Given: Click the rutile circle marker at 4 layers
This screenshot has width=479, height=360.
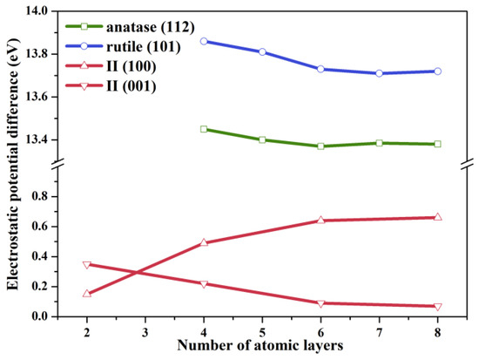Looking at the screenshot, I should tap(203, 41).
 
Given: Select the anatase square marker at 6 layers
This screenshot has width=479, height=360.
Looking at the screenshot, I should tap(320, 146).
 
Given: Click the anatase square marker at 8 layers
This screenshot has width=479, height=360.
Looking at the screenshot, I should tap(437, 144).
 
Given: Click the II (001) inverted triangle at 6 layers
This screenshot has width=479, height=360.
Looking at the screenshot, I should tap(320, 303).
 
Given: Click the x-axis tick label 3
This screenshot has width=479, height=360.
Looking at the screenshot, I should tap(145, 329).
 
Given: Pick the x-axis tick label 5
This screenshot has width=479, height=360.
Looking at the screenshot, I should tap(262, 329).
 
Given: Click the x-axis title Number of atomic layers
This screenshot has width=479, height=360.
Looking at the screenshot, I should tap(262, 345).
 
